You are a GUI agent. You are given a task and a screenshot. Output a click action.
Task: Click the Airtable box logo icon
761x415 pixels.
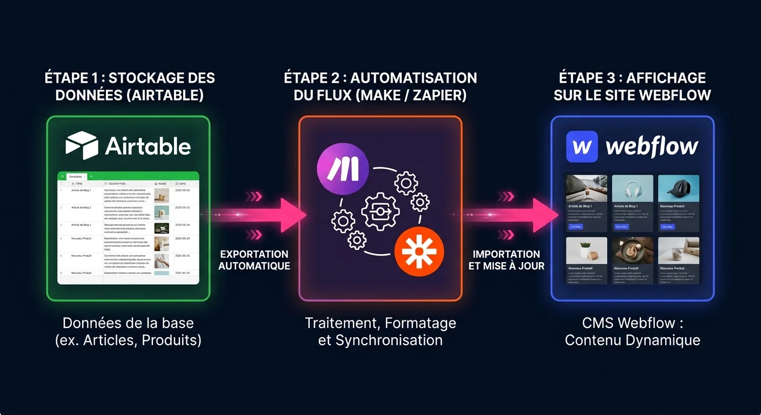pyautogui.click(x=82, y=145)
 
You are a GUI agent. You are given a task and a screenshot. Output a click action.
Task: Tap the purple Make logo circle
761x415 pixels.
pyautogui.click(x=343, y=169)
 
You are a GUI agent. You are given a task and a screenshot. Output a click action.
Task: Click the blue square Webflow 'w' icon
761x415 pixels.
pyautogui.click(x=582, y=146)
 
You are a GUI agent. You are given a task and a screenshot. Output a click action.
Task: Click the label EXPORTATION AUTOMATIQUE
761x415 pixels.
pyautogui.click(x=254, y=260)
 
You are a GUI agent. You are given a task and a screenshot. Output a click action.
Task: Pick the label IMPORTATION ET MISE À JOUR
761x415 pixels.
pyautogui.click(x=506, y=260)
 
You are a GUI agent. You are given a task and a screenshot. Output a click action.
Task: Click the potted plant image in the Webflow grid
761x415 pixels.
pyautogui.click(x=586, y=250)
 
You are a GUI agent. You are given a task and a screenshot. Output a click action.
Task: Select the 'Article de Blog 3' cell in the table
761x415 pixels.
pyautogui.click(x=81, y=224)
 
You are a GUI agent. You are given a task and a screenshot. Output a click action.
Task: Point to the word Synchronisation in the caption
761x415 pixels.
pyautogui.click(x=389, y=340)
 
